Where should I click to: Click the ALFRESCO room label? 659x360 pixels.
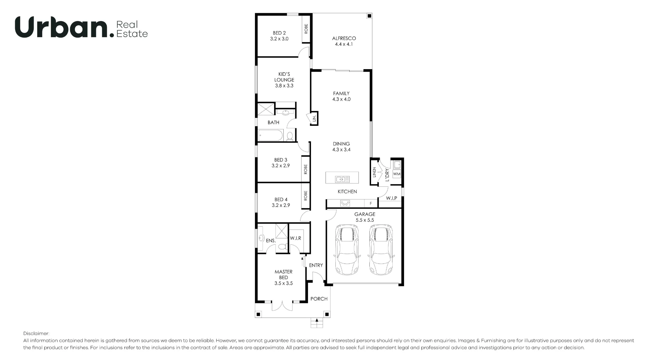click(x=344, y=38)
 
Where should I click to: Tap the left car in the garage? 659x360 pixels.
click(x=347, y=250)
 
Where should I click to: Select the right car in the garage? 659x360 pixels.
click(x=381, y=250)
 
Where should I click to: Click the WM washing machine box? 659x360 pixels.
click(x=397, y=174)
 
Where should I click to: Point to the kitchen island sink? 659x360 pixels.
click(x=342, y=179)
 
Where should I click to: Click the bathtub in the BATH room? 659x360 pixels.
click(x=271, y=135)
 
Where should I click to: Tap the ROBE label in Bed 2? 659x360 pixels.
click(x=306, y=29)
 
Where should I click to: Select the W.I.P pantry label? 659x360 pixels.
click(x=391, y=198)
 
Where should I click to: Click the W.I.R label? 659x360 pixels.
click(x=296, y=238)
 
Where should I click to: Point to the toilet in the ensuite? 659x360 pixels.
click(x=282, y=246)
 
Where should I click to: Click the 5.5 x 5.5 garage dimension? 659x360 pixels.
click(x=365, y=220)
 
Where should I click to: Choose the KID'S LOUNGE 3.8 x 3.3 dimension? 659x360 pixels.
click(x=284, y=86)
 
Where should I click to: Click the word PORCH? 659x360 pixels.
click(x=319, y=299)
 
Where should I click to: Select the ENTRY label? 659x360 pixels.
click(x=316, y=265)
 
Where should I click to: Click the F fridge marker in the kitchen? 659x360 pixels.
click(x=371, y=204)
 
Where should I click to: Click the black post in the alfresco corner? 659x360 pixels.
click(x=369, y=16)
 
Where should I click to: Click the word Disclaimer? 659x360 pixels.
click(x=36, y=334)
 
